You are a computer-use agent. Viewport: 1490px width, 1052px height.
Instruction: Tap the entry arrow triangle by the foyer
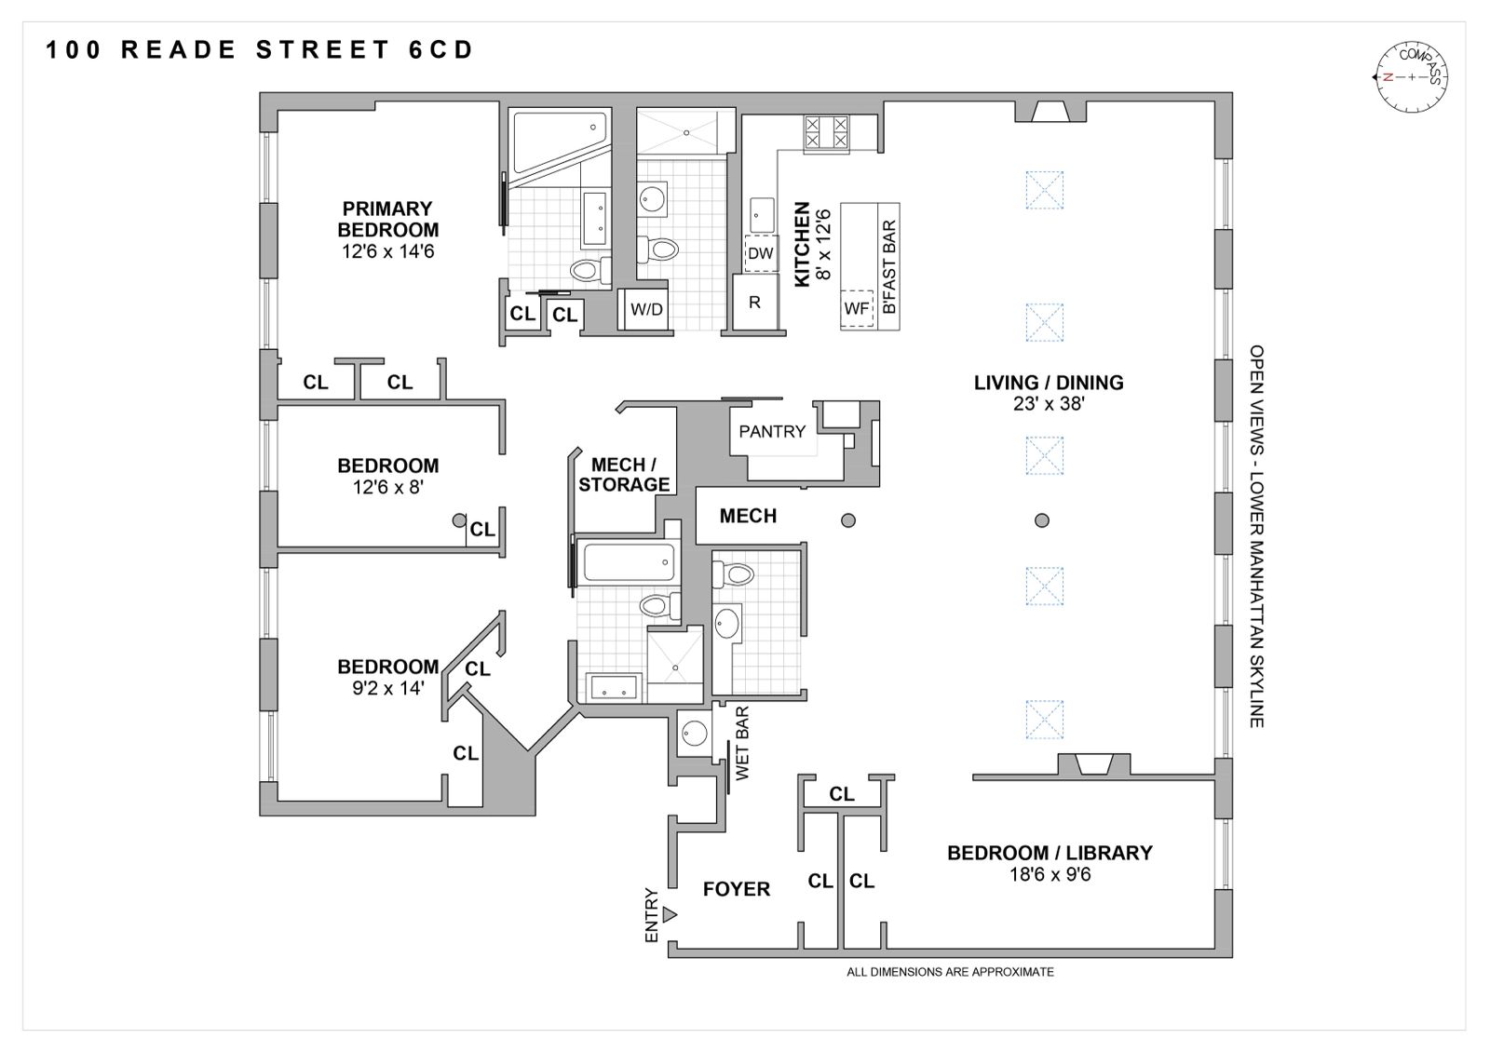[x=669, y=914]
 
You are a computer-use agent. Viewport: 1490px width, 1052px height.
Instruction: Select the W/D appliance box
[x=646, y=309]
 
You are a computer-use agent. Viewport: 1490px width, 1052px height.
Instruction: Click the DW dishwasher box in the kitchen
[x=760, y=253]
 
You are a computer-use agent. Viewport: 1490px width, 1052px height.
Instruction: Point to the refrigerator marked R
[x=754, y=302]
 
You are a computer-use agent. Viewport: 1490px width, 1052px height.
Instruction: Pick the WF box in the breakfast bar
[x=856, y=308]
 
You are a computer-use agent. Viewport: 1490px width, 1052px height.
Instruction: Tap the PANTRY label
[x=771, y=431]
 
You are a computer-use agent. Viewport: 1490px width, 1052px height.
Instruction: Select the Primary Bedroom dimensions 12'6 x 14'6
[x=387, y=251]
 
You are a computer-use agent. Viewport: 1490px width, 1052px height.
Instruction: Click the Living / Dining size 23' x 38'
[x=1049, y=404]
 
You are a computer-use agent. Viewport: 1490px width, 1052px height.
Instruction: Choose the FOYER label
[x=736, y=889]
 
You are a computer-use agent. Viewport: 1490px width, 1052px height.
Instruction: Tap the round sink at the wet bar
[x=693, y=733]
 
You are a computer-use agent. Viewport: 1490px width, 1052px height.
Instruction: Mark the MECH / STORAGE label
[x=623, y=474]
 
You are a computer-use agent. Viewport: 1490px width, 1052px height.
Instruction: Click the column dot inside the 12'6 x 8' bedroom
[x=458, y=519]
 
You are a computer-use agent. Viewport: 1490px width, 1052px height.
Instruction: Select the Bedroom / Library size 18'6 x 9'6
[x=1049, y=875]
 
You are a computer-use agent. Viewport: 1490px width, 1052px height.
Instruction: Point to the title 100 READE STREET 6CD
[x=260, y=49]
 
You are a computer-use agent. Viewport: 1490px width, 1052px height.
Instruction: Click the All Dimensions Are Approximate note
[x=949, y=972]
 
